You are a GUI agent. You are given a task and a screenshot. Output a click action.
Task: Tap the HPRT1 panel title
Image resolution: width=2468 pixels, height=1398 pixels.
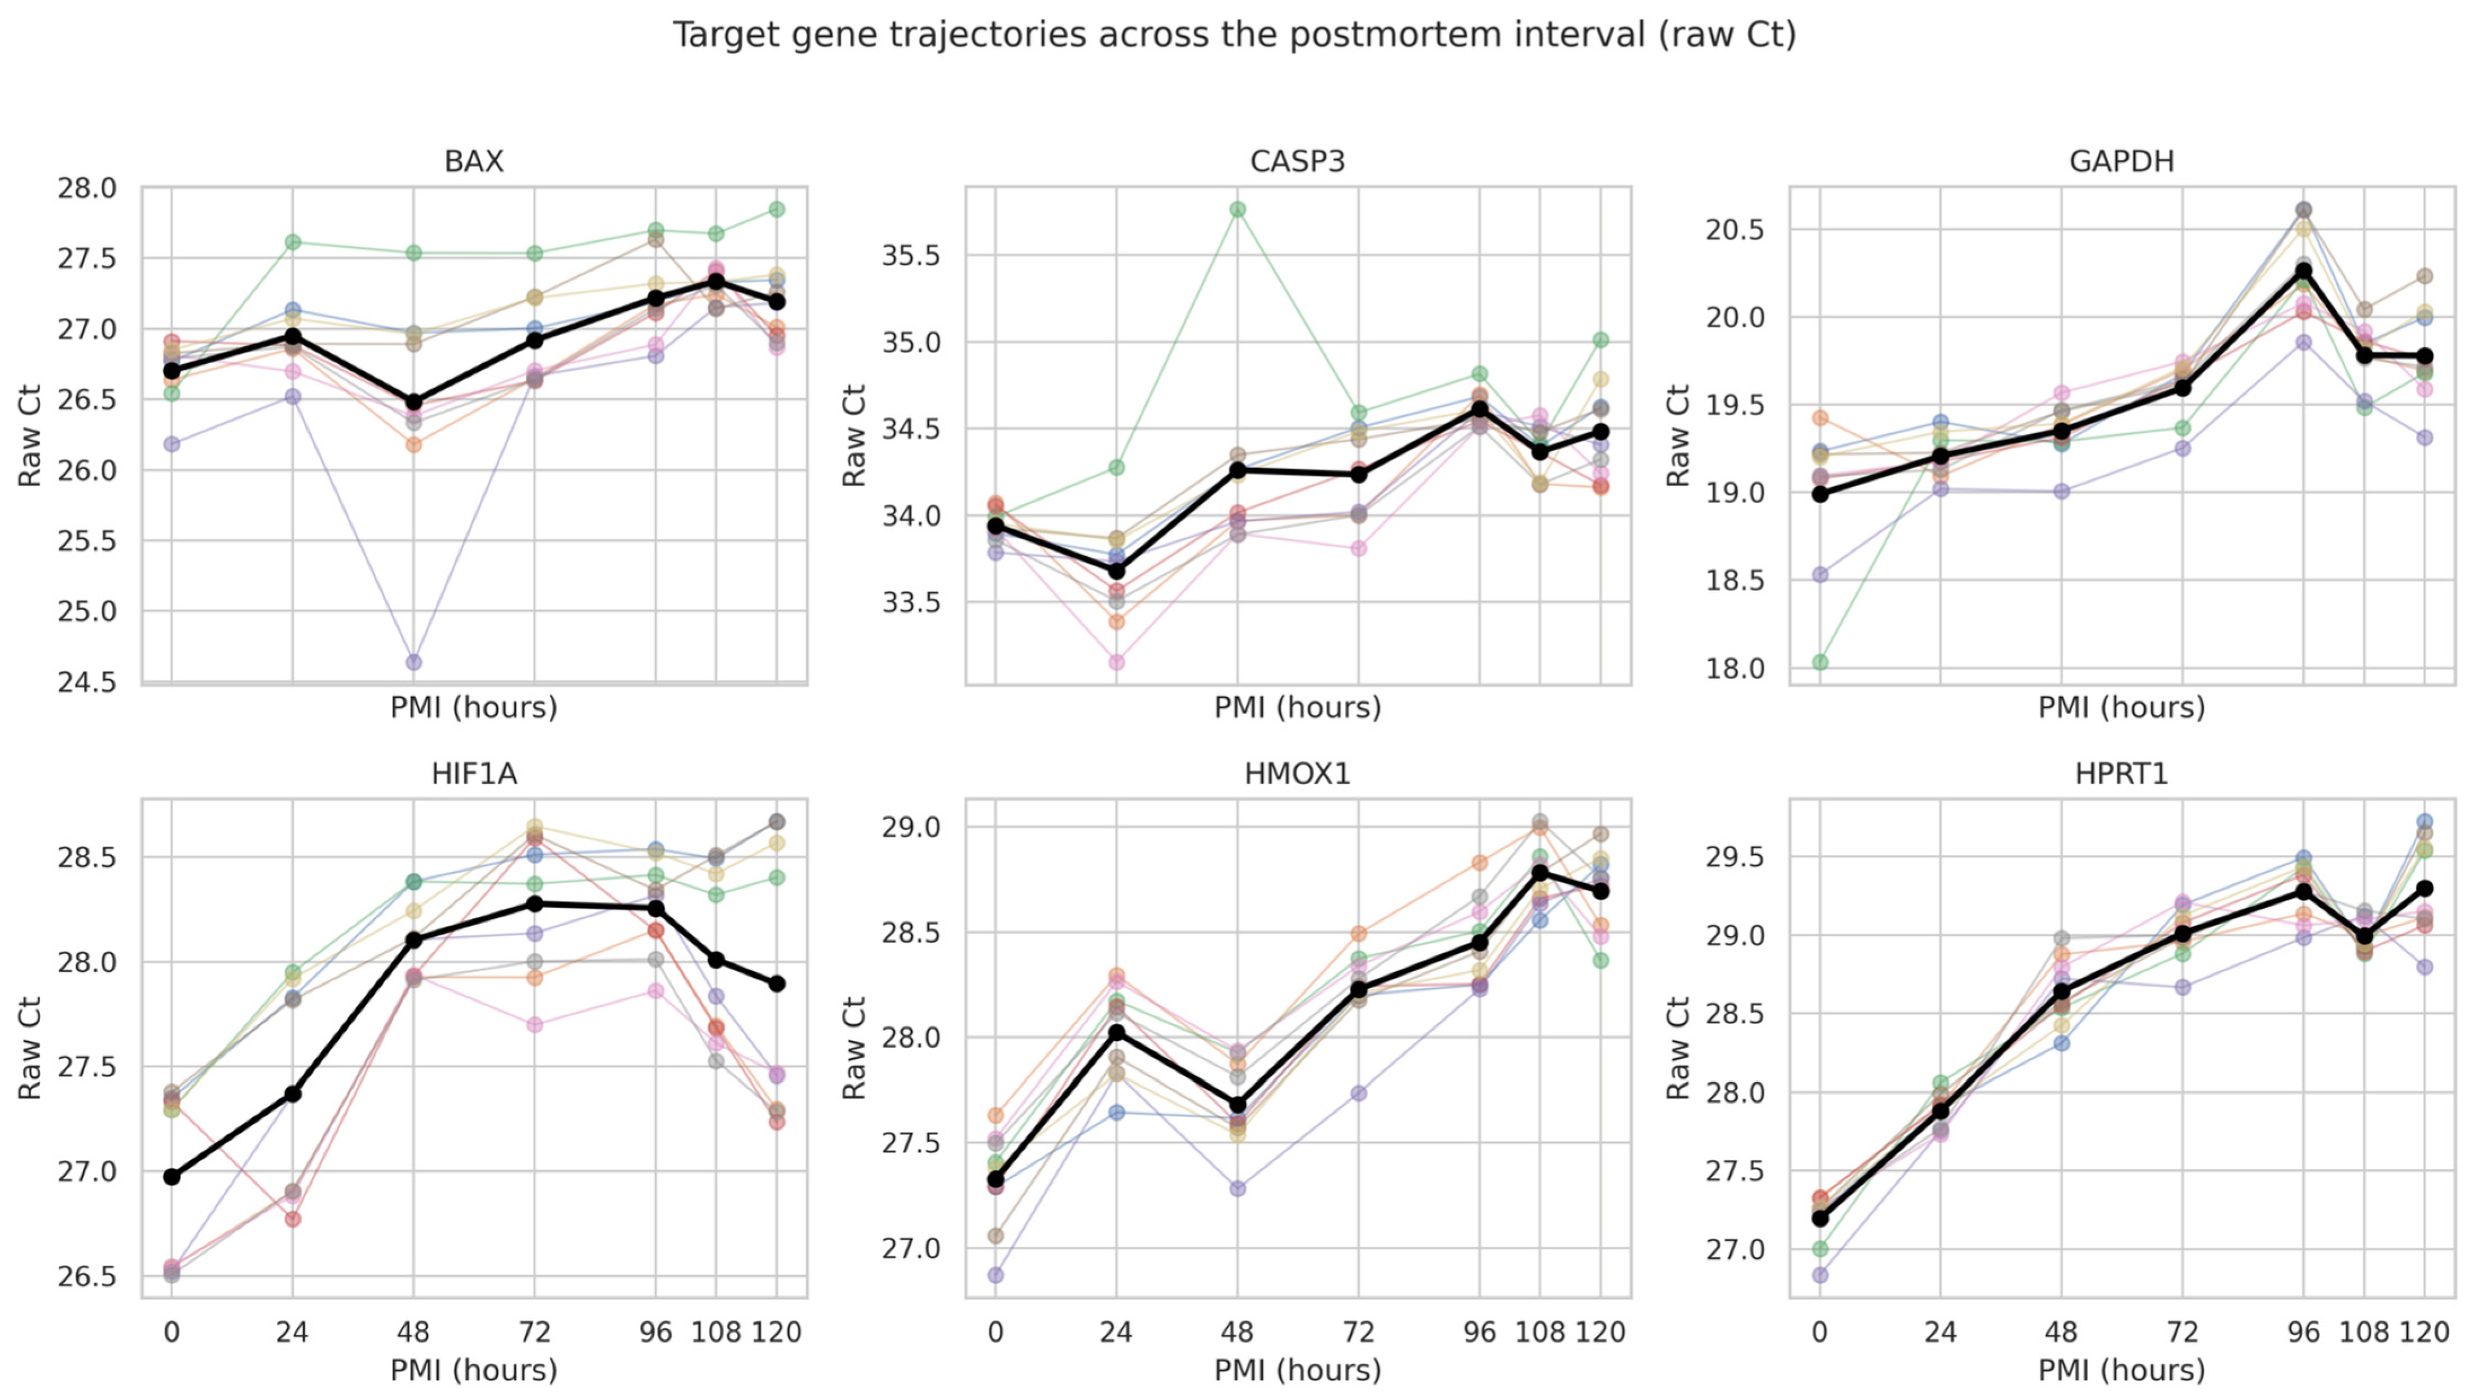pyautogui.click(x=2122, y=773)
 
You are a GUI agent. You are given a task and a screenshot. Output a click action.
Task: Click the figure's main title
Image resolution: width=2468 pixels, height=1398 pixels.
pyautogui.click(x=1233, y=34)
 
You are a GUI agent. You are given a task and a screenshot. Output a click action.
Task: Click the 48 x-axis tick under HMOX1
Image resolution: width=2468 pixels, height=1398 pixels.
pyautogui.click(x=1237, y=1332)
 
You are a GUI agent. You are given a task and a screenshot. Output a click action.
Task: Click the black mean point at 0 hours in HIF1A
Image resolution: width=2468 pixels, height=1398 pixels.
pyautogui.click(x=172, y=1176)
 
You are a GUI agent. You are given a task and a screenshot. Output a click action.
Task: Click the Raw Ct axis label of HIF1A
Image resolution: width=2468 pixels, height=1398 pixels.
pyautogui.click(x=30, y=1048)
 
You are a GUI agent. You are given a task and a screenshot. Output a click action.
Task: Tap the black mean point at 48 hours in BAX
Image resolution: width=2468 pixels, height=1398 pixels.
pyautogui.click(x=414, y=402)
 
